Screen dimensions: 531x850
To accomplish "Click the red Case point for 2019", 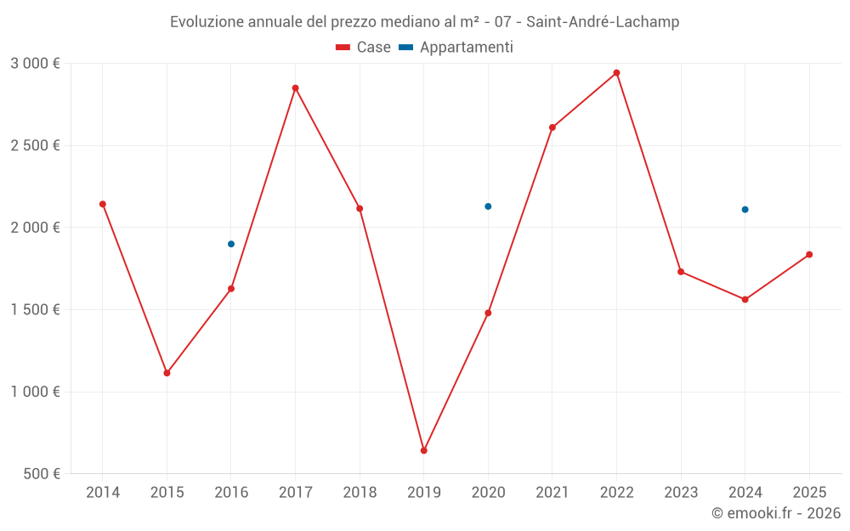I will pos(423,450).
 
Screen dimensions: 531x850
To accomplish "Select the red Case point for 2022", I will pos(616,73).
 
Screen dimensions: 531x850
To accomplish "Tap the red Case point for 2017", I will pos(295,88).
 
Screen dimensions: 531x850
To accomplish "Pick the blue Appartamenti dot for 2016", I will pos(231,244).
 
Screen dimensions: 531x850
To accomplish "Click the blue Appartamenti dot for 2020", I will pos(488,206).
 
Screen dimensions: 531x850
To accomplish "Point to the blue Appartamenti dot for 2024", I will pos(745,210).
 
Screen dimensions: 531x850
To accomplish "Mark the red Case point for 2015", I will pos(167,373).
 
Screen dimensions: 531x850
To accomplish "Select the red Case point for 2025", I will pos(809,255).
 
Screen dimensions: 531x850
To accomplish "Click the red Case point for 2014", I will pos(103,204).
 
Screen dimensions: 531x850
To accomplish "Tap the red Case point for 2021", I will pos(552,127).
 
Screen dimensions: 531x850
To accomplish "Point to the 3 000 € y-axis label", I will pos(35,64).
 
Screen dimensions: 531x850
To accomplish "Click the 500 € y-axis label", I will pos(42,474).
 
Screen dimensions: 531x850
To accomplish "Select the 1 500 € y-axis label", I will pos(35,310).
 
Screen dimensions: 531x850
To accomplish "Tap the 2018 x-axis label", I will pos(360,493).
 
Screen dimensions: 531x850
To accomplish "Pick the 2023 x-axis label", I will pos(681,493).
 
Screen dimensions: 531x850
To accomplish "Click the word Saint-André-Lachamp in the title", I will pos(603,22).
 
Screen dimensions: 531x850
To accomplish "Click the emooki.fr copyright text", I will pos(776,513).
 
